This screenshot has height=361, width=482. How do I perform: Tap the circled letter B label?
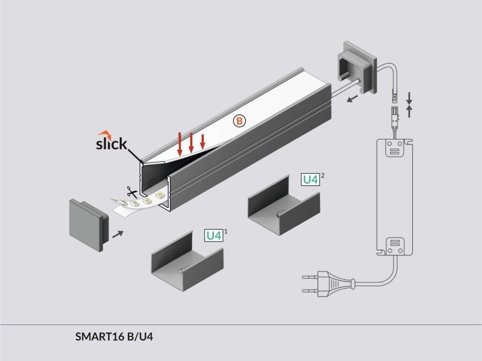click(239, 121)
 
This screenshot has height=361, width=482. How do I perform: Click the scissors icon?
click(130, 193)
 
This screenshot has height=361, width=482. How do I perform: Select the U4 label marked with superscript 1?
click(214, 235)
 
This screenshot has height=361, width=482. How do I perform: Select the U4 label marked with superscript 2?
click(310, 180)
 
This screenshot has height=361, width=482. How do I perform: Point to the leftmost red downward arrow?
click(180, 144)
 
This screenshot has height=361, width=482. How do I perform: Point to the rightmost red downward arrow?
click(202, 141)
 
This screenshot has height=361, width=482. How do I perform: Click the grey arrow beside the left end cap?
click(119, 232)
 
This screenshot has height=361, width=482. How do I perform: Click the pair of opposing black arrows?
click(409, 103)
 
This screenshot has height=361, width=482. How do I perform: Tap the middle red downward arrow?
click(191, 143)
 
